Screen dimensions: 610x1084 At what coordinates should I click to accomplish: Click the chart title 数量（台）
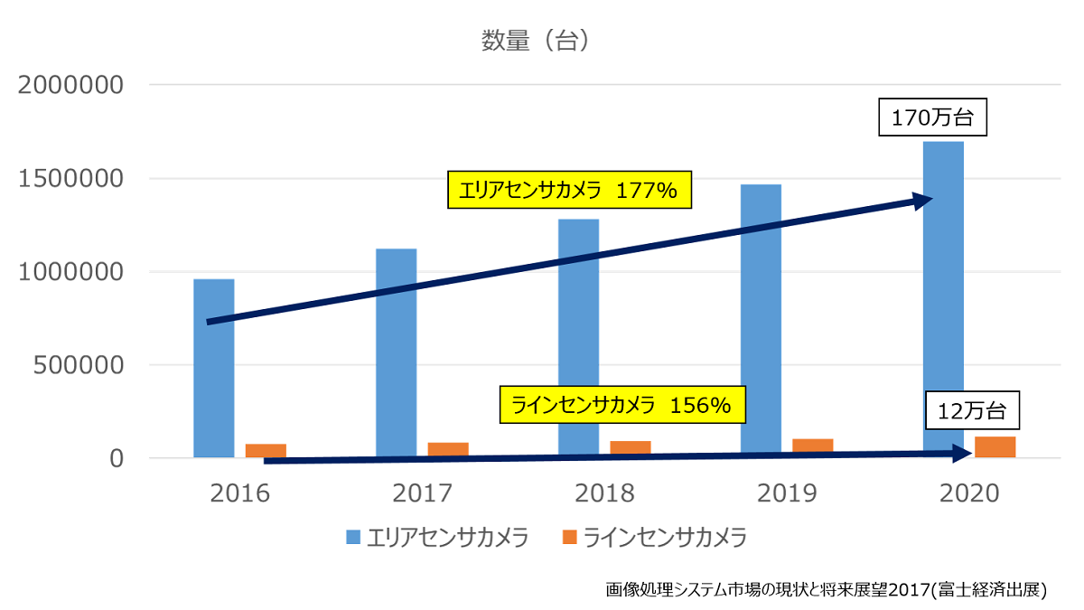536,41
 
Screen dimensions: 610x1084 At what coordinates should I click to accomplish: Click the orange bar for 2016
266,450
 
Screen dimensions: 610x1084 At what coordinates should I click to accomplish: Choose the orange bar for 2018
631,448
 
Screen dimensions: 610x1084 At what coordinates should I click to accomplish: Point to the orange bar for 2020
995,446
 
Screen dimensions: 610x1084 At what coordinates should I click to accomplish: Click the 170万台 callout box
934,117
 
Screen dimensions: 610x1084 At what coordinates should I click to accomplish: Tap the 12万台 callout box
972,411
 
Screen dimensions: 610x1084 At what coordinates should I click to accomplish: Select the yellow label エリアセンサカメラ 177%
569,191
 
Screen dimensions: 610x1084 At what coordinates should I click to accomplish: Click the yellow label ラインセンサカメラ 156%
623,406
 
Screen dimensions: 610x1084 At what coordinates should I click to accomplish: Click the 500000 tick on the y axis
79,365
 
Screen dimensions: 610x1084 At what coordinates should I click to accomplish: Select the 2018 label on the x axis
604,493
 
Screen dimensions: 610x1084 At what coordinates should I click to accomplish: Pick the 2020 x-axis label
969,493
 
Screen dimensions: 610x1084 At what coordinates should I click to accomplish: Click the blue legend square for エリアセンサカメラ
354,538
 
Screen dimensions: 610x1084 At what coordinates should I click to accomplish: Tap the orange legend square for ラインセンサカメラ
569,538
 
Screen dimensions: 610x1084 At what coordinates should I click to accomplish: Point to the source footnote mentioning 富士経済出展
826,589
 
